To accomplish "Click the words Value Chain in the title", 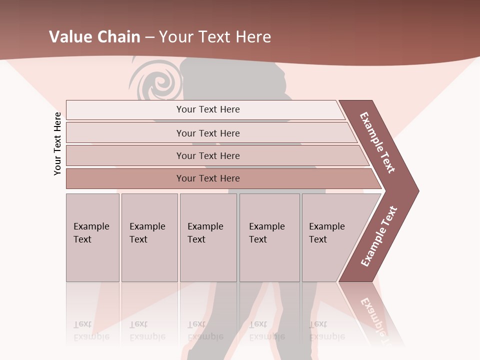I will (95, 37).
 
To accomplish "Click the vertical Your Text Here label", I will (57, 143).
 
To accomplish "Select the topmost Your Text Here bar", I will (208, 109).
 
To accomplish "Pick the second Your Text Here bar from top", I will (208, 133).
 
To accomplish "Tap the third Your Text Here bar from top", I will (208, 155).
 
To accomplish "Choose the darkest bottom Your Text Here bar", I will (208, 178).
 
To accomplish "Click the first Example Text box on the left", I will (92, 237).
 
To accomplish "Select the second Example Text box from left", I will (149, 237).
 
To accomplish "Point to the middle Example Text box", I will (208, 237).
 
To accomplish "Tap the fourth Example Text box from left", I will (269, 237).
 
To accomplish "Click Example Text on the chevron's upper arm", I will (378, 142).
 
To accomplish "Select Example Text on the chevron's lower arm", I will (379, 236).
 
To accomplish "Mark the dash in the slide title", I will (149, 37).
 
